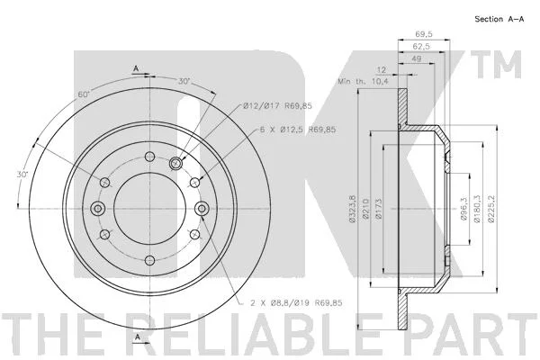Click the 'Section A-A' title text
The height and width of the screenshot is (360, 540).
(x=499, y=19)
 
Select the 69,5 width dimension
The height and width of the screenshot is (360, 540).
(x=424, y=34)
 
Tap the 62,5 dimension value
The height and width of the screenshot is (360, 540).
(x=421, y=46)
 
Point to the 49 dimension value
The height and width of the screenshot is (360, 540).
(x=417, y=58)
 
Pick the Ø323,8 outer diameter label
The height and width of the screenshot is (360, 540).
(x=352, y=209)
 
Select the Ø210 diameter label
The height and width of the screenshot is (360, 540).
(x=365, y=209)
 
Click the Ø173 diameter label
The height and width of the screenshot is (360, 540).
(x=379, y=209)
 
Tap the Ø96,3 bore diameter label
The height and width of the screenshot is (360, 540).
(x=463, y=209)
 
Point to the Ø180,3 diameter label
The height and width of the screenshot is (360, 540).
(x=477, y=209)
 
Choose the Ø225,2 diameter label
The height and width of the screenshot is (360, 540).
(x=490, y=209)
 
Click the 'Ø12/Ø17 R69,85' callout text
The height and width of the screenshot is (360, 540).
(x=277, y=106)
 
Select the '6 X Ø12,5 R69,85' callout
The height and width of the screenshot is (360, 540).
(x=298, y=130)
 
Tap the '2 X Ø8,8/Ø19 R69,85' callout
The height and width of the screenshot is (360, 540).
(x=296, y=302)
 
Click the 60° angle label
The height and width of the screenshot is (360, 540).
(x=84, y=94)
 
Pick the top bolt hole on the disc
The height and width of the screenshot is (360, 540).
(x=149, y=157)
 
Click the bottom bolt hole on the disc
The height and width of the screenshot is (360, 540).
(x=149, y=260)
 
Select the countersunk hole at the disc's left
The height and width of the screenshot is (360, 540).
(x=98, y=209)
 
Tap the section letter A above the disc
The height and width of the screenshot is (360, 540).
(x=136, y=68)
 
